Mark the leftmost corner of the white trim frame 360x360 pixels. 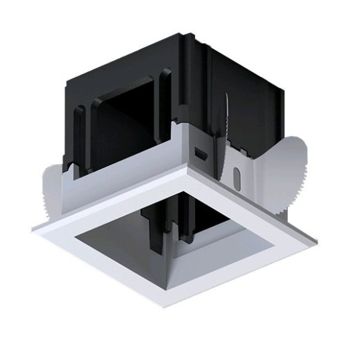click(34, 228)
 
